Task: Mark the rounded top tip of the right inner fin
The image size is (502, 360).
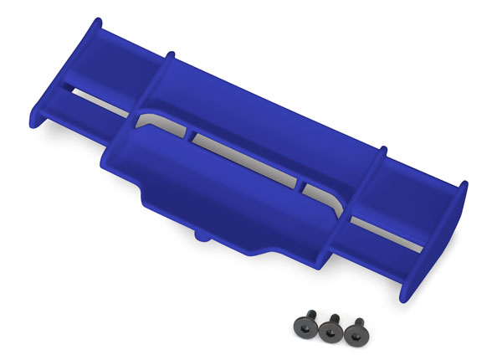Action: [x=382, y=152]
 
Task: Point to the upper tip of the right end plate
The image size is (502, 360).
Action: [x=463, y=185]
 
